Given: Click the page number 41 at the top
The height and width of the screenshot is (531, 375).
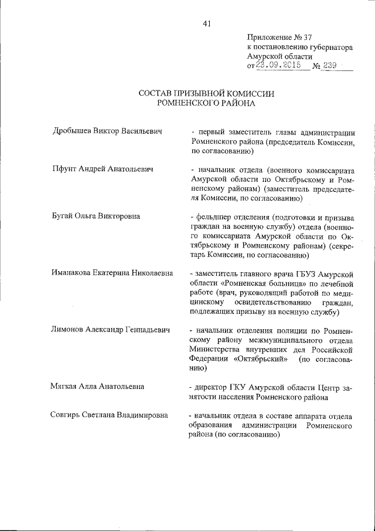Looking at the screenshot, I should pos(206,23).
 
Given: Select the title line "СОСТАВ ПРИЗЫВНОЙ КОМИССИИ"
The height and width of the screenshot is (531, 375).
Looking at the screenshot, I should pos(206,93).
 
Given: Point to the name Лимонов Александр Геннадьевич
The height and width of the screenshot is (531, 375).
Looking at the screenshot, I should pos(111,330).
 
